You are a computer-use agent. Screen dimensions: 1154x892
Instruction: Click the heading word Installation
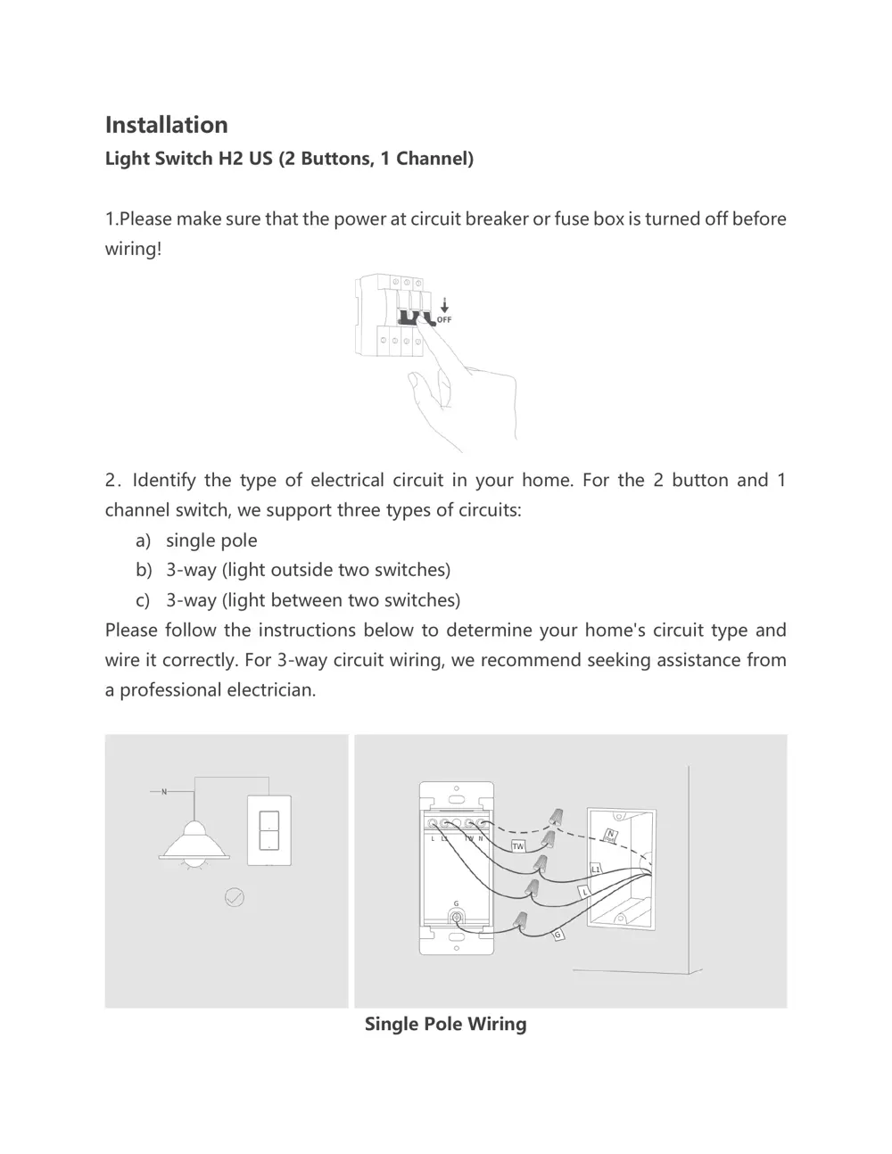(166, 125)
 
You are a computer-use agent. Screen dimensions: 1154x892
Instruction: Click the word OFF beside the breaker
(444, 319)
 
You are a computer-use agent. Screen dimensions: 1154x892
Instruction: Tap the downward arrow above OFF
(444, 306)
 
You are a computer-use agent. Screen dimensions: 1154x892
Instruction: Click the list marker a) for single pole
(143, 540)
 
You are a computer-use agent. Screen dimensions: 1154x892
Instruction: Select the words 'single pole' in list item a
(211, 540)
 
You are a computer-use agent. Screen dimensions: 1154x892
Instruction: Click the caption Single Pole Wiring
(445, 1024)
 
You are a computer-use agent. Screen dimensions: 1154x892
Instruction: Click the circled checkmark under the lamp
(234, 897)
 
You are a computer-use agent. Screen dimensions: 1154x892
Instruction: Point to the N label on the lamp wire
(164, 791)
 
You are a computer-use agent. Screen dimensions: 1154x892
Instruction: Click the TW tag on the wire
(517, 845)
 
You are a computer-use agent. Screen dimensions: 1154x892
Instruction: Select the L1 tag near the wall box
(596, 869)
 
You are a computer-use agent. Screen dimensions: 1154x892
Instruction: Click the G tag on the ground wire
(558, 935)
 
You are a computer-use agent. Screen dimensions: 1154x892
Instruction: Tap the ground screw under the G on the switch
(457, 918)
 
